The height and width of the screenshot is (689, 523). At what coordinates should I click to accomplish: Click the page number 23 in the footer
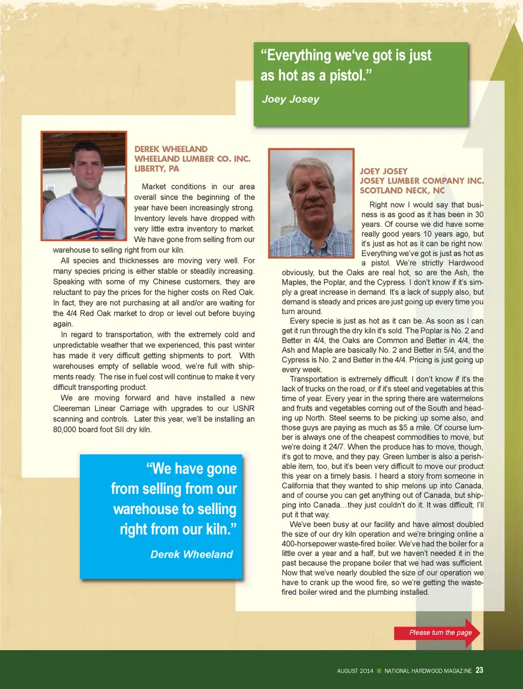tap(479, 670)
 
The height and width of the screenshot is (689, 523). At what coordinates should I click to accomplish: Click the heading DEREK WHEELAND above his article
tap(171, 149)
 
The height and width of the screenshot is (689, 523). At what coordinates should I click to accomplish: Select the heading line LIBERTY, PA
tap(156, 168)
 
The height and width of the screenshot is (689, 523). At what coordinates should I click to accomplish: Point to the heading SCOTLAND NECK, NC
tap(402, 190)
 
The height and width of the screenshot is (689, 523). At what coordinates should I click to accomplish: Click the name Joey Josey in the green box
tap(290, 99)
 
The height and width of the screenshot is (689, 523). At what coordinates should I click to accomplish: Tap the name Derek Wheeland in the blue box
tap(191, 554)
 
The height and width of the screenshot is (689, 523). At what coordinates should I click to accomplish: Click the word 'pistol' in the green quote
tap(345, 75)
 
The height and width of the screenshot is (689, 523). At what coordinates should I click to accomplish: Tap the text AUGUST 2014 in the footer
tap(355, 671)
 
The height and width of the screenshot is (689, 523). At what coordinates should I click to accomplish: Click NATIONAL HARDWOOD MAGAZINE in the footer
tap(428, 671)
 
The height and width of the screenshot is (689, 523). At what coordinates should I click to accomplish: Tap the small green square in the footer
tap(379, 671)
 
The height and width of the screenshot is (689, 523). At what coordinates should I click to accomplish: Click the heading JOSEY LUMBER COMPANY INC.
tap(421, 180)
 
